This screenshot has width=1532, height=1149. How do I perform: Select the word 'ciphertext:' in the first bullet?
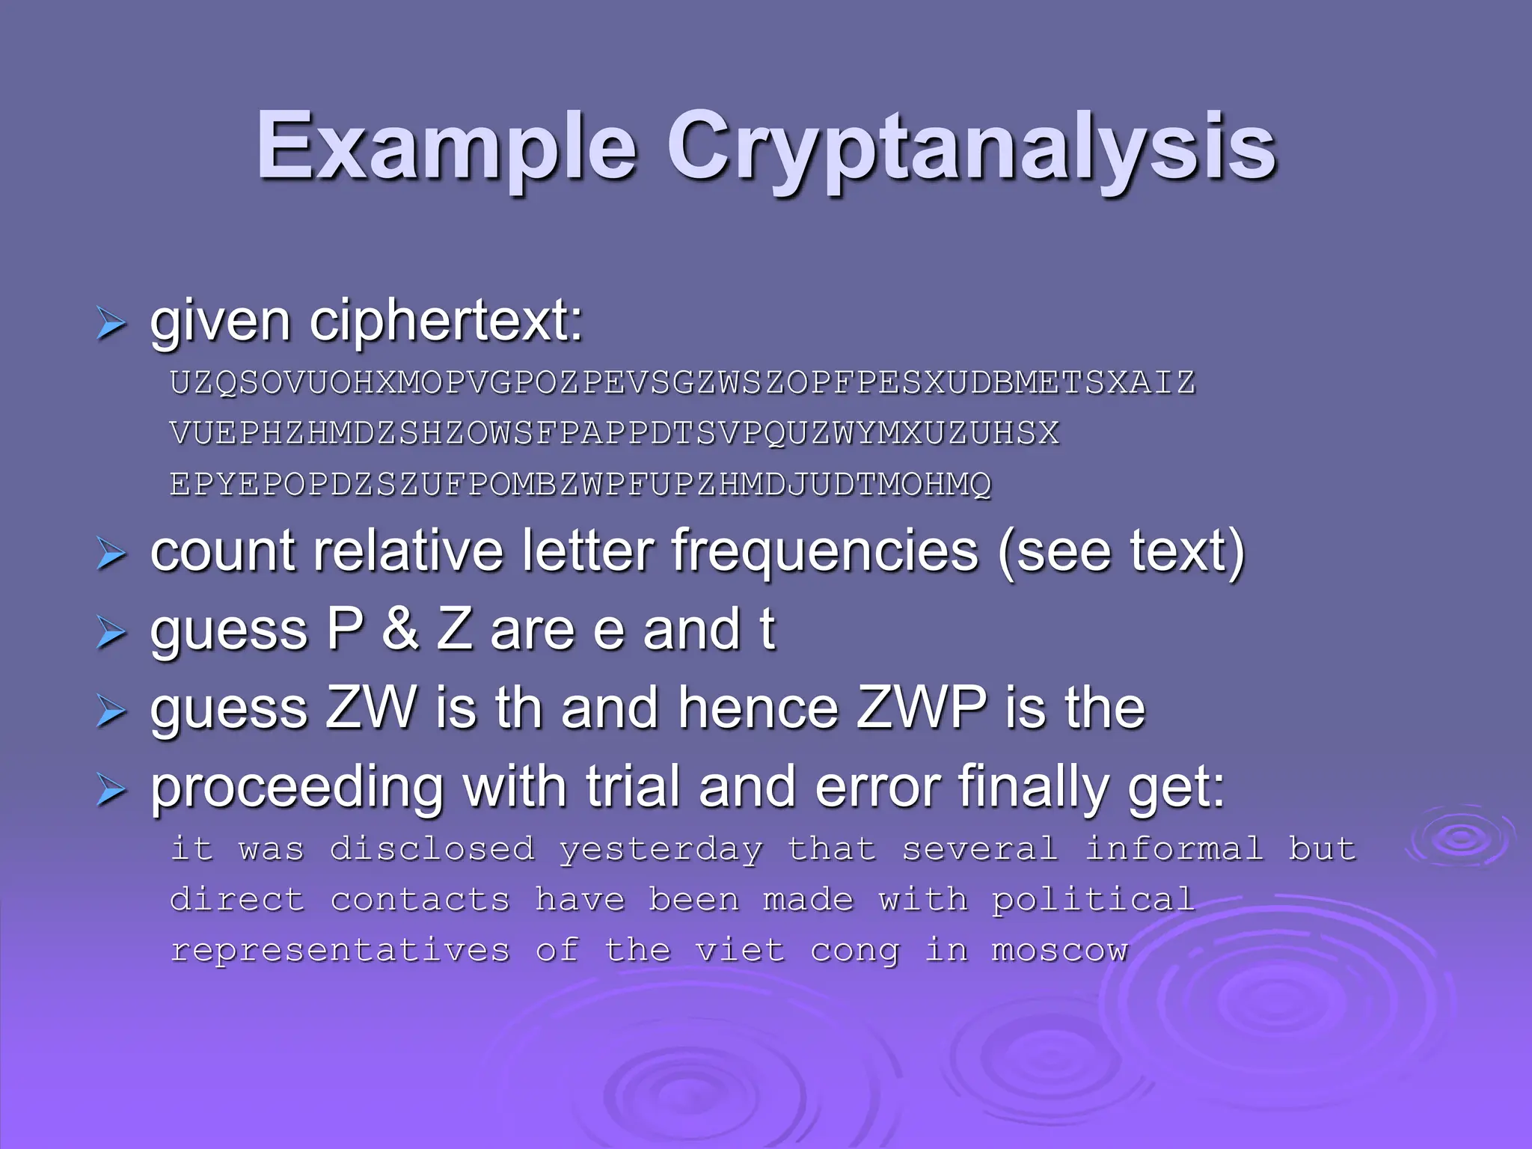point(446,322)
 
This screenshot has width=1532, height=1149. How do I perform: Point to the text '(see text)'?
point(1121,552)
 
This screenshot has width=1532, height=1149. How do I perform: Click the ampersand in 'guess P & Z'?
point(400,630)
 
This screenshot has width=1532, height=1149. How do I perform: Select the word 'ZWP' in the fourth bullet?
point(922,708)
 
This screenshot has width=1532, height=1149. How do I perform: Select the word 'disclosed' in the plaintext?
point(432,849)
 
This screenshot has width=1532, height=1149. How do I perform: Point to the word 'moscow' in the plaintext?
point(1059,951)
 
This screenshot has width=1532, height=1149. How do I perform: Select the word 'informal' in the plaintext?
point(1174,849)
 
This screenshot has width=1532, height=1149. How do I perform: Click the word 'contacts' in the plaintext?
point(420,900)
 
